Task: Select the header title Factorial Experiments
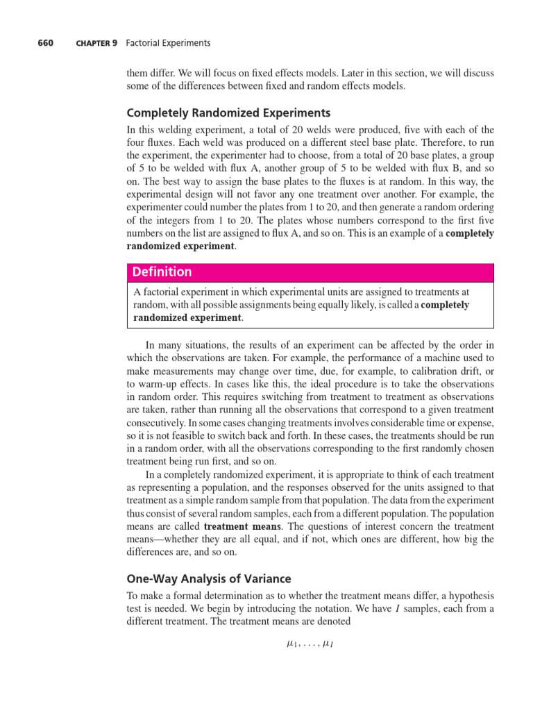(168, 43)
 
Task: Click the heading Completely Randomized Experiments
(228, 113)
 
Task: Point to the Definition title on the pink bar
(162, 272)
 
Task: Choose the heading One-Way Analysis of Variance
(209, 579)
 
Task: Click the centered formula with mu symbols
(310, 644)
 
